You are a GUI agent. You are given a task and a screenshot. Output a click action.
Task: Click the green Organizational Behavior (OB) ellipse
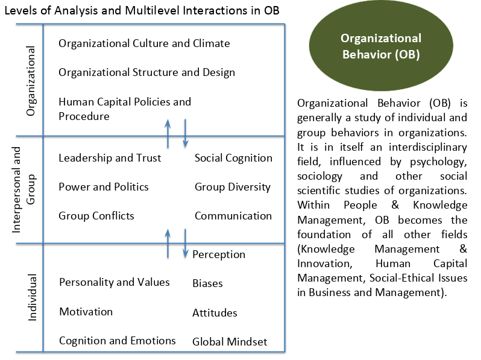[381, 46]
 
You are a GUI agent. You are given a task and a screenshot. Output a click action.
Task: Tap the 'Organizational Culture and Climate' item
[144, 43]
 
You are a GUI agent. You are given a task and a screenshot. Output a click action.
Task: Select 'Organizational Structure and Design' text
[146, 72]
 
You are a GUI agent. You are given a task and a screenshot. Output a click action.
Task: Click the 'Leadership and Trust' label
[110, 158]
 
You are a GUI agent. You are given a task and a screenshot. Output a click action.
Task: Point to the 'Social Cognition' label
[233, 158]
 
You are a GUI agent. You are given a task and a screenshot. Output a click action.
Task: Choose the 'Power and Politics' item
[104, 187]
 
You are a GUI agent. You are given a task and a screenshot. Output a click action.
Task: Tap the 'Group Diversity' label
[233, 187]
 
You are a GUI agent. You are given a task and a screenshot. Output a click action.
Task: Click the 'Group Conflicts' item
[96, 216]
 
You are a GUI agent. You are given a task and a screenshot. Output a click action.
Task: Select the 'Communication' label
[233, 216]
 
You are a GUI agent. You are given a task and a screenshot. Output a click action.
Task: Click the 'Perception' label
[219, 254]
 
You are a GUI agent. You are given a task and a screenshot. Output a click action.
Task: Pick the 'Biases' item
[208, 283]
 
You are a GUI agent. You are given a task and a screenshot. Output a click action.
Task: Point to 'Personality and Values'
[115, 282]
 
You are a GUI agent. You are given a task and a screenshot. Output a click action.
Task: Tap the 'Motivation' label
[86, 312]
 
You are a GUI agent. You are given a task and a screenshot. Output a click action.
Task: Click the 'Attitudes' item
[215, 313]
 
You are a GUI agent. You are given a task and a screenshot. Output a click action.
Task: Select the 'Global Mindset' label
[230, 341]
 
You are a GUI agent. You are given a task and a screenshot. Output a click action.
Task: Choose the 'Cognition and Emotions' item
[118, 341]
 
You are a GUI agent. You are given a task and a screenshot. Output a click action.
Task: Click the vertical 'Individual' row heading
[32, 297]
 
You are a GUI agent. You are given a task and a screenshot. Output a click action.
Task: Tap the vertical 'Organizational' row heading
[31, 81]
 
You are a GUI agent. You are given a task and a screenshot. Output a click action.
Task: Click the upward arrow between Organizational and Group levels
[168, 134]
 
